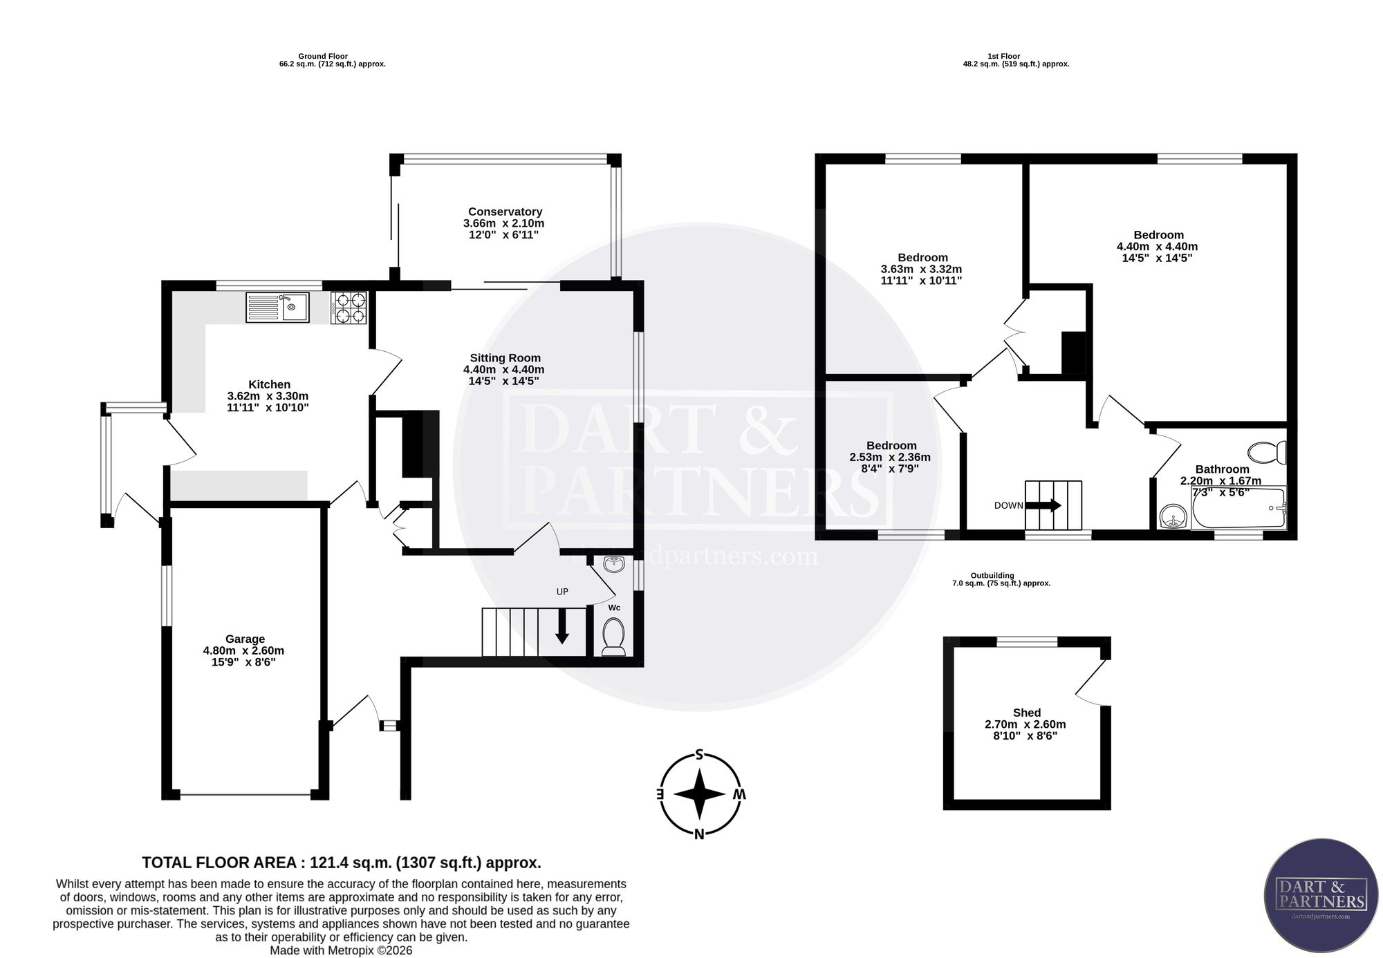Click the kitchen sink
click(x=277, y=307)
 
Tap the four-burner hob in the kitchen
click(x=349, y=308)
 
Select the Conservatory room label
click(x=504, y=212)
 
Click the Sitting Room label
click(x=505, y=358)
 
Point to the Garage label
click(x=245, y=639)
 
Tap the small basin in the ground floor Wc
click(x=613, y=565)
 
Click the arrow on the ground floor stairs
click(x=562, y=626)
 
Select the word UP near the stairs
click(x=562, y=592)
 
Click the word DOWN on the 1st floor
click(x=1009, y=505)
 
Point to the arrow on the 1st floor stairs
click(x=1043, y=505)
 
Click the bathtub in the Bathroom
click(x=1238, y=508)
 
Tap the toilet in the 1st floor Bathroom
click(x=1268, y=453)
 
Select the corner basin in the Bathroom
click(x=1173, y=516)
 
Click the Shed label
click(x=1027, y=713)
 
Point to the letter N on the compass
click(x=699, y=834)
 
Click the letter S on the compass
click(x=699, y=754)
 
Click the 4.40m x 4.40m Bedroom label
click(x=1158, y=246)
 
